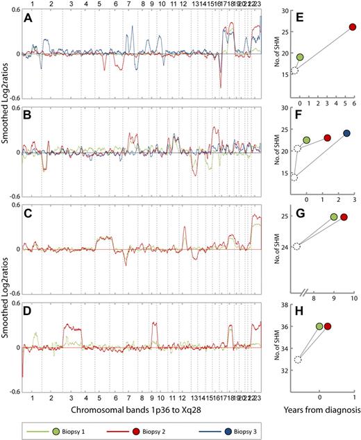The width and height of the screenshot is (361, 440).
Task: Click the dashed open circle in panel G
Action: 296,246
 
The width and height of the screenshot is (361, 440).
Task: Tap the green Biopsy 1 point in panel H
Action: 319,326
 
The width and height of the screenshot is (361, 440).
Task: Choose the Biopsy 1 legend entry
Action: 62,427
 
